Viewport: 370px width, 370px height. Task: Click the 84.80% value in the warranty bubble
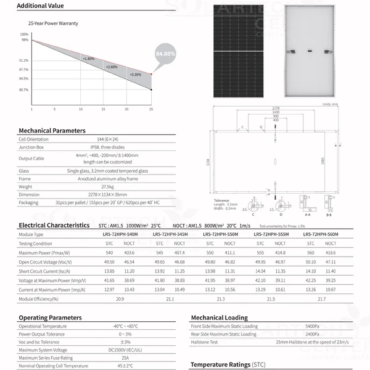point(166,54)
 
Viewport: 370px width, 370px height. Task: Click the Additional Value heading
point(40,6)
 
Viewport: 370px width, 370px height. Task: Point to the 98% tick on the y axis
point(25,39)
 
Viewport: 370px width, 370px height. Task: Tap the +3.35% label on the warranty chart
point(135,75)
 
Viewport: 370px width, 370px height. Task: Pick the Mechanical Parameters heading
point(52,131)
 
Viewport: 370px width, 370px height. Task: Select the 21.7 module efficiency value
point(321,298)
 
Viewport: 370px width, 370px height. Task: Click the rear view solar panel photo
point(309,51)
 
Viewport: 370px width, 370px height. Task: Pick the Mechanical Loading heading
point(219,318)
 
